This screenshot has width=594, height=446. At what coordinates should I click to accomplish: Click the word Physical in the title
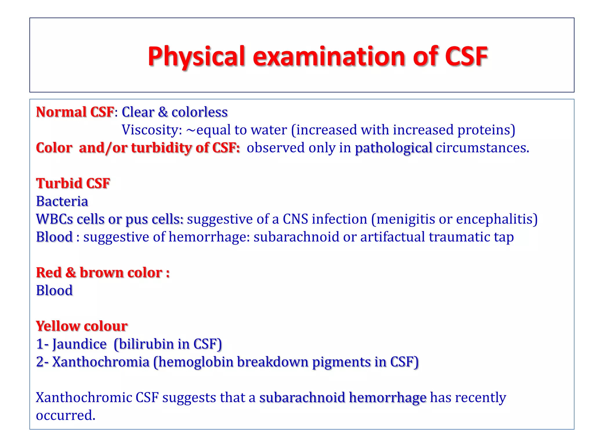click(197, 56)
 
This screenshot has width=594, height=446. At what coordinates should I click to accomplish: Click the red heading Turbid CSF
click(73, 184)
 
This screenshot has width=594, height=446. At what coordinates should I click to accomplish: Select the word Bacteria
click(62, 202)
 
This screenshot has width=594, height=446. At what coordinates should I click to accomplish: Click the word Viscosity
click(151, 130)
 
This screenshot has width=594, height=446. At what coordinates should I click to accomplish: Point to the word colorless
click(200, 112)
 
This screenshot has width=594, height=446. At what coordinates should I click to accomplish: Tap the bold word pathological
click(394, 148)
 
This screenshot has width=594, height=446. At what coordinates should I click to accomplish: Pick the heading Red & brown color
click(103, 273)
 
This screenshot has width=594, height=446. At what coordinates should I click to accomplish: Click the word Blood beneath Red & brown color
click(54, 291)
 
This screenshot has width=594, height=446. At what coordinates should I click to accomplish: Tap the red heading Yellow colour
click(82, 326)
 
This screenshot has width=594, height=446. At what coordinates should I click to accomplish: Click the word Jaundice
click(79, 344)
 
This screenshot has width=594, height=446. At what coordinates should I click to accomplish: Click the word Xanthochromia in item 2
click(101, 362)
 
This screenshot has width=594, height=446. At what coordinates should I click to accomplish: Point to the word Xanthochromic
click(84, 398)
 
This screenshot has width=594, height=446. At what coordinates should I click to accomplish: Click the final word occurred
click(65, 416)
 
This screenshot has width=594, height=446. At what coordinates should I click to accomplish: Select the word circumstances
click(482, 148)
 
